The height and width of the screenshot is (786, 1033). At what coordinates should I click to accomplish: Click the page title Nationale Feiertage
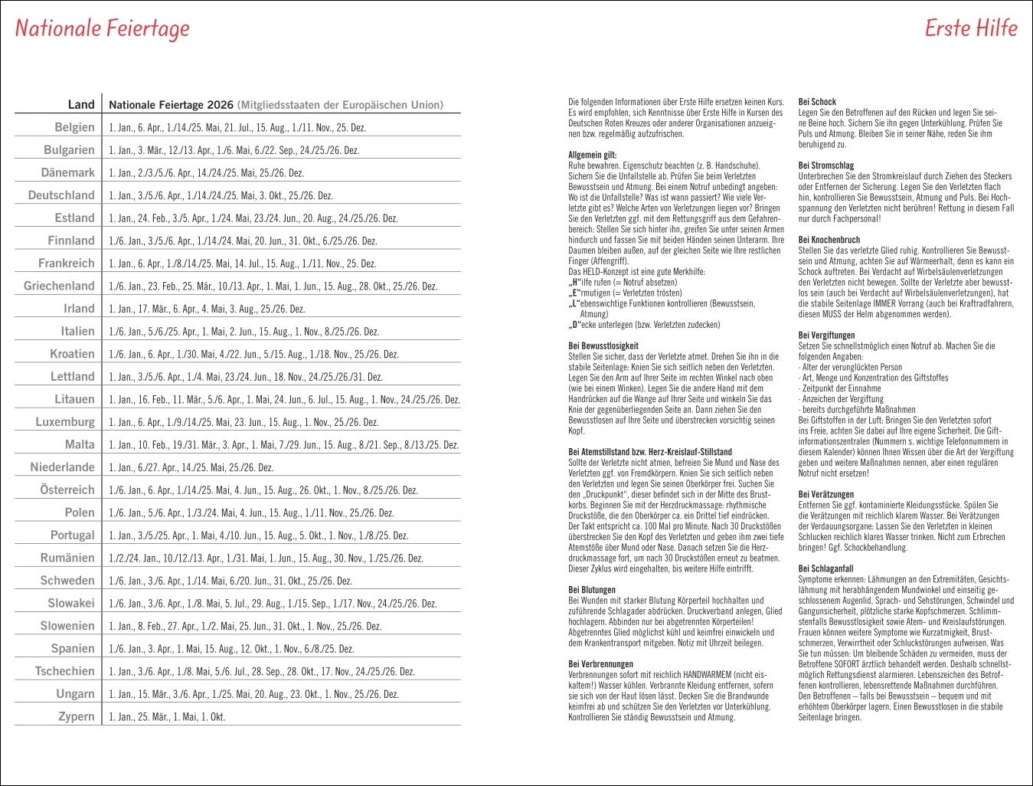point(103,29)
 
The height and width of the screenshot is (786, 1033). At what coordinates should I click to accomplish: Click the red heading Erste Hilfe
point(970,28)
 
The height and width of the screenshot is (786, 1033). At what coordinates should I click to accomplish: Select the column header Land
point(81,105)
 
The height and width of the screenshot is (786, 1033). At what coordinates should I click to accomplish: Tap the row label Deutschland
point(61,195)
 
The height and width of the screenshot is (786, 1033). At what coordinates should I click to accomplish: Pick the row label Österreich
point(67,490)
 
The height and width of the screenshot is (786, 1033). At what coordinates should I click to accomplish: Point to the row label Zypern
point(77,716)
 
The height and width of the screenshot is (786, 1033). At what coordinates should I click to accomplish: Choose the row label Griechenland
point(59,286)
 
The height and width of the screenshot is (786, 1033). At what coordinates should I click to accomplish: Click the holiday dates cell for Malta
point(283,445)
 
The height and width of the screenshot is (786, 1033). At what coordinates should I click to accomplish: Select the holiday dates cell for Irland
point(207,309)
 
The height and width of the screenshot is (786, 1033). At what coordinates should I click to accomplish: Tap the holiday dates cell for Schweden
point(230,581)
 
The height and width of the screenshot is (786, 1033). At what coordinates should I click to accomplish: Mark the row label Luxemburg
point(65,422)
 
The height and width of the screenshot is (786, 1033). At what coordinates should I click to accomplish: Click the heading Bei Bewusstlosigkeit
point(603,346)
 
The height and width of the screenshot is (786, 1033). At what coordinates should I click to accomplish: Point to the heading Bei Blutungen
point(592,590)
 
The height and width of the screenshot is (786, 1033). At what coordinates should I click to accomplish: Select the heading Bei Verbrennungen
point(600,664)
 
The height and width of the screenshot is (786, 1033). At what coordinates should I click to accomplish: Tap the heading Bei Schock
point(817,102)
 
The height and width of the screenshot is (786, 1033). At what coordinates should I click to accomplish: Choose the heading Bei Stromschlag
point(826,165)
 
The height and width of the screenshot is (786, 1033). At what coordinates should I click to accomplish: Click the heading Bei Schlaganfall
point(825,569)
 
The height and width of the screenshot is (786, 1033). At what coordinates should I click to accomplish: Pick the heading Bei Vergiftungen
point(826,336)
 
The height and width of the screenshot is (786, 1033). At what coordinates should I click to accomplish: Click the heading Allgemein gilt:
point(592,155)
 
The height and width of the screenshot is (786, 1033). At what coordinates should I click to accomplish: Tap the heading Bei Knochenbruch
point(829,240)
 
